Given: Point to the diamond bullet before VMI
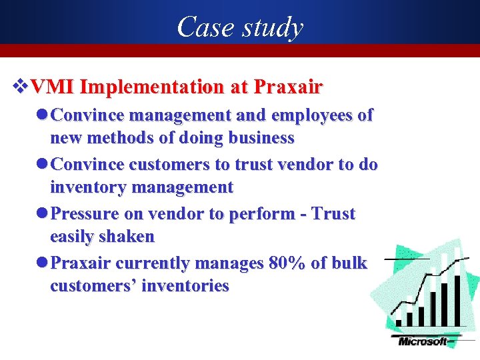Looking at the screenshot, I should pos(21,87).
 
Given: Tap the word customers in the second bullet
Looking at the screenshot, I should pos(167,164).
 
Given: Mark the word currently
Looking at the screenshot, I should pos(151,263).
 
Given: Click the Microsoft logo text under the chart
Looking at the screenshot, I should pos(423,342).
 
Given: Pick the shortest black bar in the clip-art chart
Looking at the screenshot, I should pos(399,323).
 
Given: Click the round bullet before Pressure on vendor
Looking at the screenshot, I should pos(43,214).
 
